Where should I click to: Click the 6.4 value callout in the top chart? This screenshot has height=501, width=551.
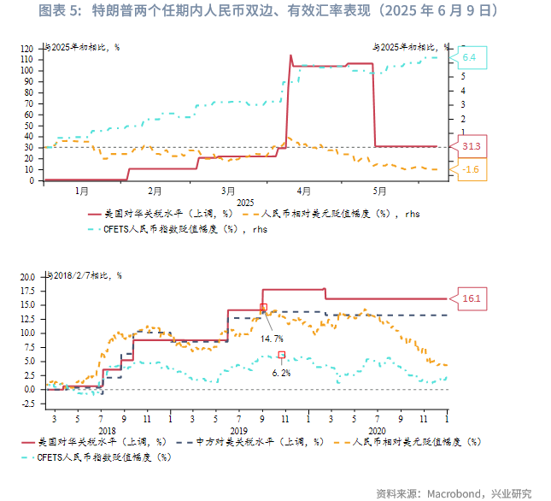(x=469, y=58)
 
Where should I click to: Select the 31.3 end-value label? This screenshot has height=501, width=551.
(x=471, y=147)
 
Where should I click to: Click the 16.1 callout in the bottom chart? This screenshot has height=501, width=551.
(x=472, y=299)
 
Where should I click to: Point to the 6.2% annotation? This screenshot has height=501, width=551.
(x=282, y=373)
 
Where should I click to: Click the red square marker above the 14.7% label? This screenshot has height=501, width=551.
(x=263, y=307)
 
